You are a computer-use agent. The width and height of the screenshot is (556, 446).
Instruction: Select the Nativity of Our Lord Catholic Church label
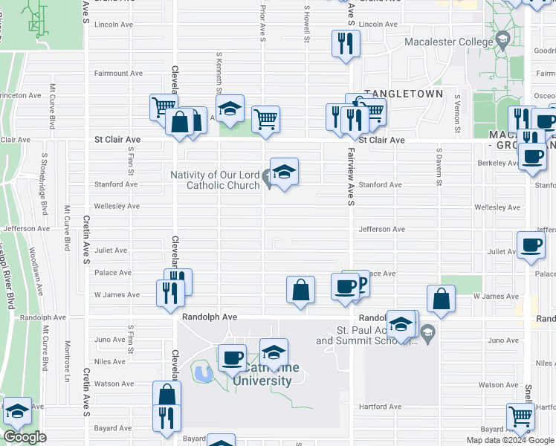click(x=216, y=180)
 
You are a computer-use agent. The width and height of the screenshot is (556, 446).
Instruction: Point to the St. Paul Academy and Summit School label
click(x=366, y=335)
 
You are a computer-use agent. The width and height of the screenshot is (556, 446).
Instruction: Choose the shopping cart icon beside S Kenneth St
click(x=265, y=117)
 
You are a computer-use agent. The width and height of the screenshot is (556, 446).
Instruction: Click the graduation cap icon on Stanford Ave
click(x=284, y=172)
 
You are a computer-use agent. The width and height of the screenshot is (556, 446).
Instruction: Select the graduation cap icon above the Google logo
click(x=17, y=411)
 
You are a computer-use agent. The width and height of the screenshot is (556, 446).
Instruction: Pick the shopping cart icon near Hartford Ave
click(x=520, y=417)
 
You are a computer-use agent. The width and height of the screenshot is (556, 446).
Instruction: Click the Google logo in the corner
click(x=25, y=437)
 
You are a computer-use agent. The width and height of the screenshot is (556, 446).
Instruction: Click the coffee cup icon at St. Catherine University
click(x=232, y=358)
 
